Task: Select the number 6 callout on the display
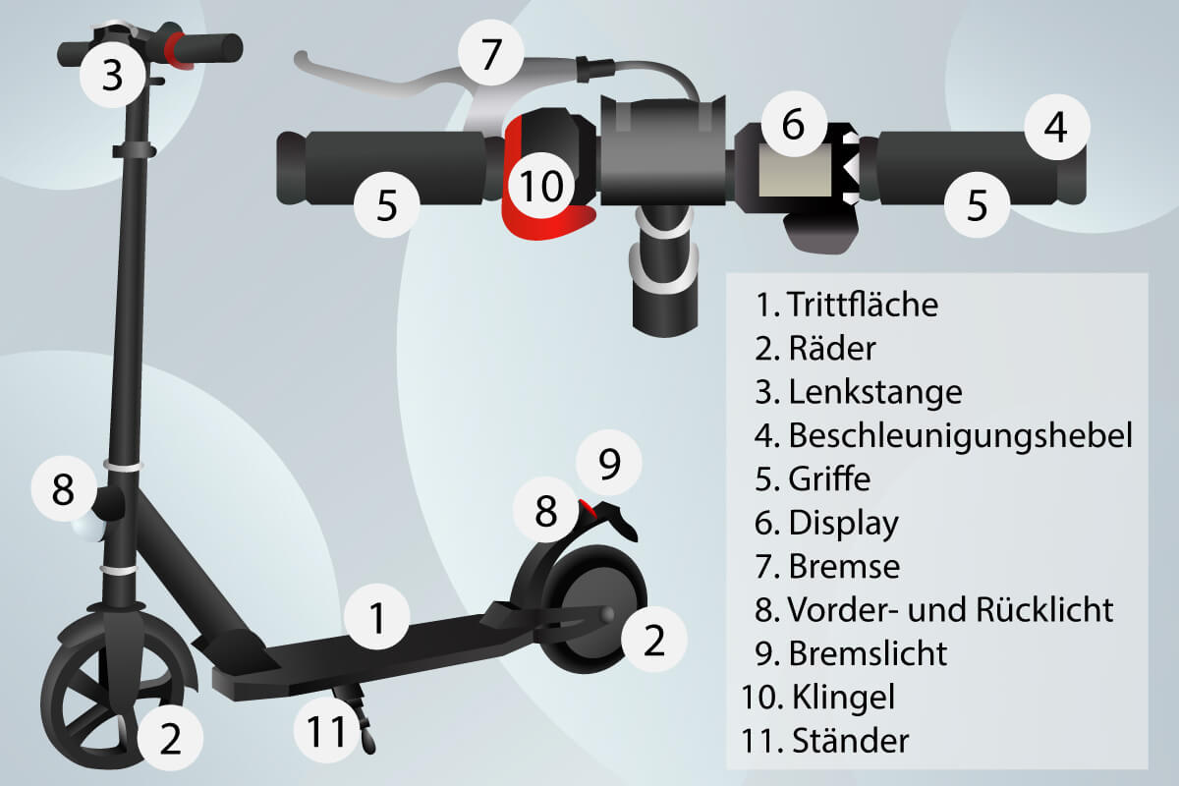[793, 125]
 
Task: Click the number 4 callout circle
[1055, 129]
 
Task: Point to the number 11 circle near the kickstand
[328, 730]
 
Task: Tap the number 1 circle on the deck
[376, 619]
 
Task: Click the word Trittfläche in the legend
[862, 305]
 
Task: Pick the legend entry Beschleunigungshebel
[960, 434]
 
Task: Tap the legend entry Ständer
[848, 741]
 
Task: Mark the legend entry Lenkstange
[874, 391]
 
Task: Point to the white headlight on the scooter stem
[86, 530]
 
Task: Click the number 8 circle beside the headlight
[63, 488]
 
